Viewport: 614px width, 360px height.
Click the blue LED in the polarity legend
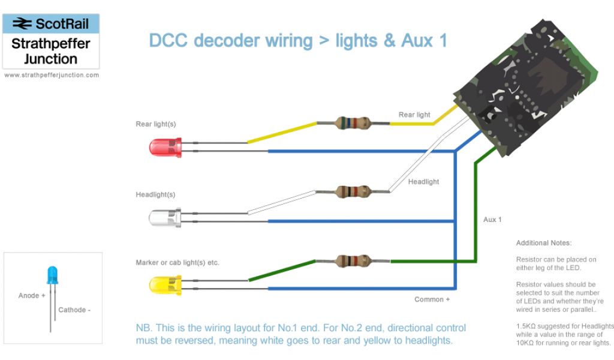click(x=53, y=275)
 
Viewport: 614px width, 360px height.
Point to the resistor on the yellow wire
click(x=354, y=124)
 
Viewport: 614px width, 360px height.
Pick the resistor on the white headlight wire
click(x=354, y=192)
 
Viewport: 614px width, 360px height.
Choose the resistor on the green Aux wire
click(x=354, y=261)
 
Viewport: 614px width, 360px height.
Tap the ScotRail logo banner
click(x=51, y=24)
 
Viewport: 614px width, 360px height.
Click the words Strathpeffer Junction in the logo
click(x=51, y=52)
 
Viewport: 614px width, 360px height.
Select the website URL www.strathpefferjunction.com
click(x=51, y=76)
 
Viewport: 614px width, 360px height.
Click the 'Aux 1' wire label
click(x=492, y=220)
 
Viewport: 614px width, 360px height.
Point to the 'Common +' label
click(x=429, y=299)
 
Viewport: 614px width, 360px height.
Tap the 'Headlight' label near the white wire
click(x=423, y=182)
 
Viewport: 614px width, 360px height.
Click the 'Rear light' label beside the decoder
click(x=414, y=115)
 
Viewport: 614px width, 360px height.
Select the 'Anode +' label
click(x=32, y=296)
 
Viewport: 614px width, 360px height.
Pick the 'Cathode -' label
click(x=74, y=310)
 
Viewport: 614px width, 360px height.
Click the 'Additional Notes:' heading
click(x=544, y=243)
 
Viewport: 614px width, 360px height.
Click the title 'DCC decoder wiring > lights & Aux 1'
click(x=298, y=41)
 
